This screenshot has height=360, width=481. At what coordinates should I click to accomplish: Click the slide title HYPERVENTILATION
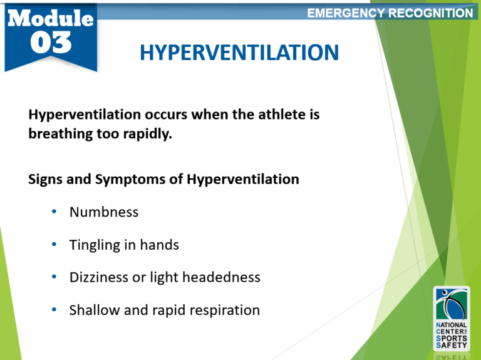tap(239, 53)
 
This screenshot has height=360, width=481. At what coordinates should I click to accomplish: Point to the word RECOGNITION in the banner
tap(432, 13)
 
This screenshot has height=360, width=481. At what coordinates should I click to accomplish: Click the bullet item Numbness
tap(104, 212)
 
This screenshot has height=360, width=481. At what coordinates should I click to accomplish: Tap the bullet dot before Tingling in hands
tap(54, 245)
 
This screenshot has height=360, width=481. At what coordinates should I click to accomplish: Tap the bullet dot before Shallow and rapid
tap(54, 310)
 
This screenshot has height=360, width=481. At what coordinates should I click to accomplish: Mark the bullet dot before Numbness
tap(54, 212)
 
